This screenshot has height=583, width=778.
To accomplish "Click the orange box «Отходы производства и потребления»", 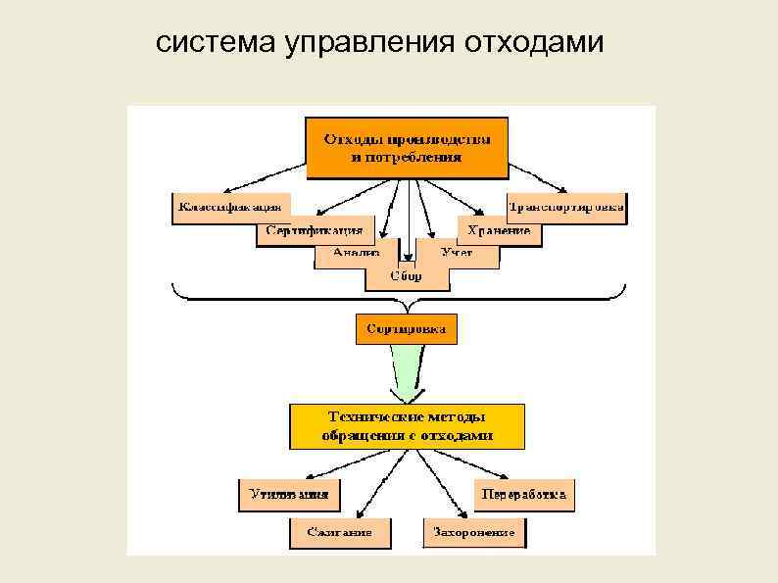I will (x=408, y=148).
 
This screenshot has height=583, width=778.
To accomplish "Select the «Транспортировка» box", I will (x=566, y=207).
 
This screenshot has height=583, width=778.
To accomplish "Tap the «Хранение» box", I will (x=499, y=231).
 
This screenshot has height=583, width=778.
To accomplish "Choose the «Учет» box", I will (x=457, y=253).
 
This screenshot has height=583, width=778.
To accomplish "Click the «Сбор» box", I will (x=407, y=276).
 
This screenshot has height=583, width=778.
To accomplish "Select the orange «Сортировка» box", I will (x=406, y=329).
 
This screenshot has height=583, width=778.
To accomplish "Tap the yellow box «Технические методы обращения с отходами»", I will (x=407, y=426).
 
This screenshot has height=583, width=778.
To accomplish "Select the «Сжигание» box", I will (x=339, y=532).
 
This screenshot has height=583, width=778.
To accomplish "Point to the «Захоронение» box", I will (x=474, y=532).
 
